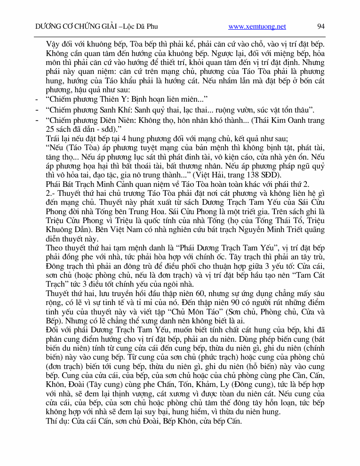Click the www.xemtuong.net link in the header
coord(257,27)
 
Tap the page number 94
coord(321,27)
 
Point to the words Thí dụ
coord(57,421)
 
